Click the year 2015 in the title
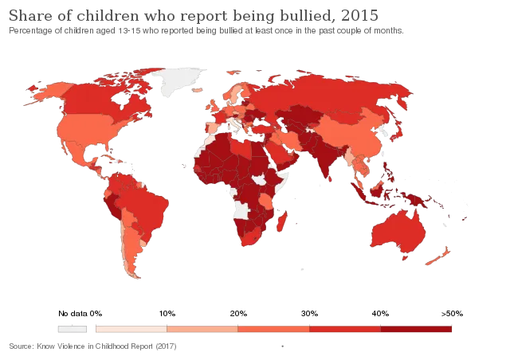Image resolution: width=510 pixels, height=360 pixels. pyautogui.click(x=359, y=15)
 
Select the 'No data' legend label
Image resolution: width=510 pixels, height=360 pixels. pyautogui.click(x=73, y=314)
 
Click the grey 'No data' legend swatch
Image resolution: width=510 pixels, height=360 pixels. pyautogui.click(x=73, y=329)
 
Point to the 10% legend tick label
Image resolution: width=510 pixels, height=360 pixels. pyautogui.click(x=167, y=314)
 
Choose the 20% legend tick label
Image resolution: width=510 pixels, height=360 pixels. pyautogui.click(x=238, y=314)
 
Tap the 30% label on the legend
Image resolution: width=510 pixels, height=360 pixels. pyautogui.click(x=309, y=314)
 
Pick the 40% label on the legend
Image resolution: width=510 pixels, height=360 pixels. pyautogui.click(x=380, y=314)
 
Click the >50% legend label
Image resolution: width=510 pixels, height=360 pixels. pyautogui.click(x=452, y=314)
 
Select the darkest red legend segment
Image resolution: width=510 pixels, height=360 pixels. pyautogui.click(x=416, y=329)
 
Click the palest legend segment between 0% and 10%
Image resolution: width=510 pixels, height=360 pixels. pyautogui.click(x=131, y=329)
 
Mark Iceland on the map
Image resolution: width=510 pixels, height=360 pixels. pyautogui.click(x=198, y=90)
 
